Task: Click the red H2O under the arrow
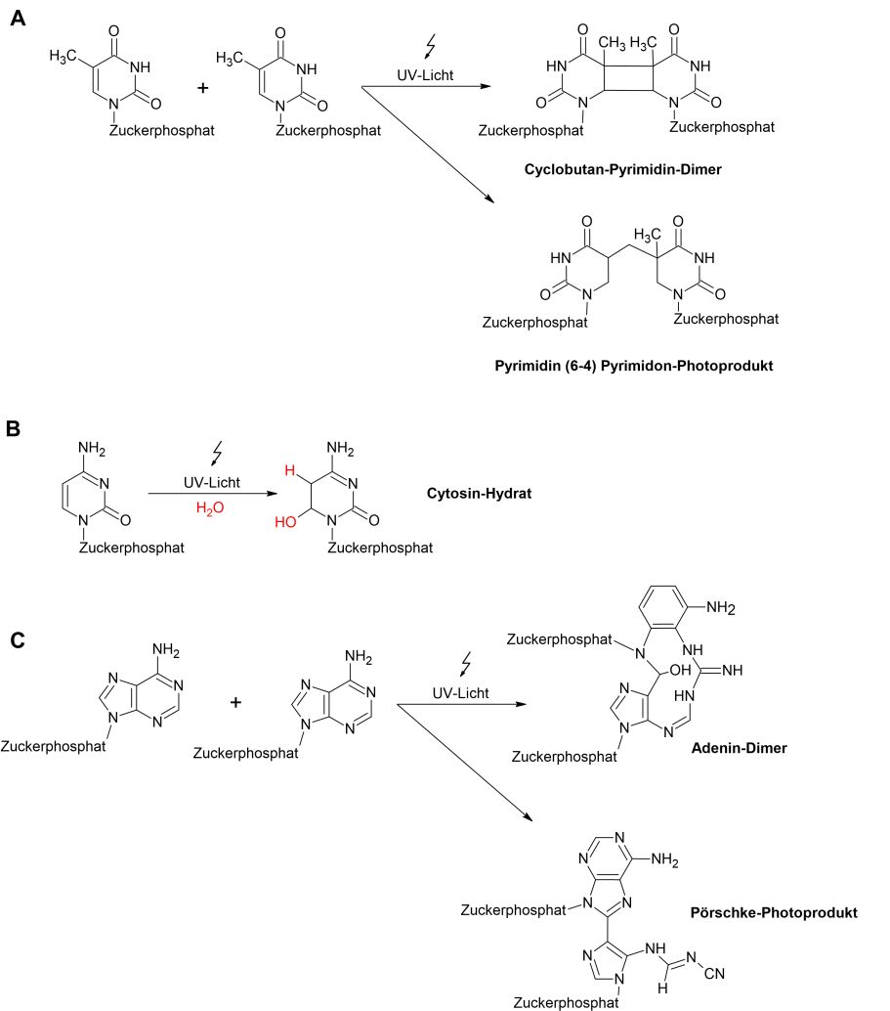(210, 507)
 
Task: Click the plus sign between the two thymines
(203, 88)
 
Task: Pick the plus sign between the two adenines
(235, 702)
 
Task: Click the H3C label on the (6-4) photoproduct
(649, 235)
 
